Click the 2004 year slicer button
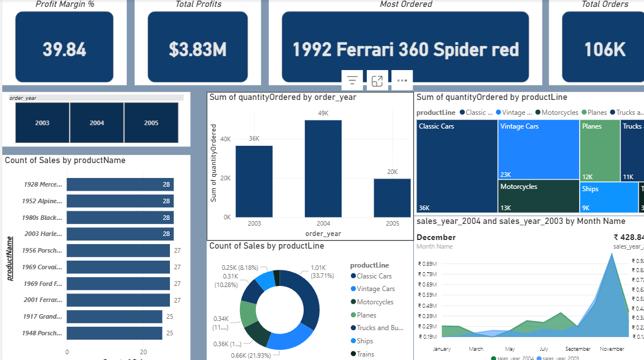[x=96, y=123]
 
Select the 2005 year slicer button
[x=151, y=123]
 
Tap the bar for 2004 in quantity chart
[x=323, y=169]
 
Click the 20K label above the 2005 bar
[x=392, y=172]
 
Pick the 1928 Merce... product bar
[x=120, y=184]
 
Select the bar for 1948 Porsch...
[x=114, y=333]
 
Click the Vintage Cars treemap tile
[x=538, y=149]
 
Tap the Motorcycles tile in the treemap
[x=538, y=196]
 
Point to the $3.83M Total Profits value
[x=197, y=49]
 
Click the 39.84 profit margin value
[x=64, y=49]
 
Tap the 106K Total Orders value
[x=604, y=50]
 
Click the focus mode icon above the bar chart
[x=377, y=81]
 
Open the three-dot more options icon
[x=402, y=81]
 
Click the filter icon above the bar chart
[x=352, y=81]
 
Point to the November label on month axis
[x=612, y=349]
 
